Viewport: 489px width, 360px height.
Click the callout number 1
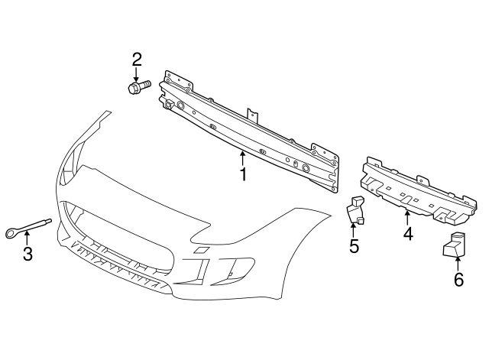(243, 174)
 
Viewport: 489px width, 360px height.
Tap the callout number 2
(137, 60)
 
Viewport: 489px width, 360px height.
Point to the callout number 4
(408, 233)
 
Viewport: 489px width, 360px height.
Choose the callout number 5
(354, 245)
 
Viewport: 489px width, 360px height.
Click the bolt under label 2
(139, 86)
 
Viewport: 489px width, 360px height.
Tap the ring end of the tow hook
(12, 233)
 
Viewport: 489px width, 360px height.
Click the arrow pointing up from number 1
(243, 158)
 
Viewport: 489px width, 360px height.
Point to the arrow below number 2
(136, 74)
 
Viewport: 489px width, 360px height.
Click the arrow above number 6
(458, 263)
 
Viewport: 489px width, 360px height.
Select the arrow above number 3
(27, 238)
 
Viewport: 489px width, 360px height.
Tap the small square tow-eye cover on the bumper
(200, 250)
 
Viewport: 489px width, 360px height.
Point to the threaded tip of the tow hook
(48, 221)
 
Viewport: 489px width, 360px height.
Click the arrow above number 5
(353, 230)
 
